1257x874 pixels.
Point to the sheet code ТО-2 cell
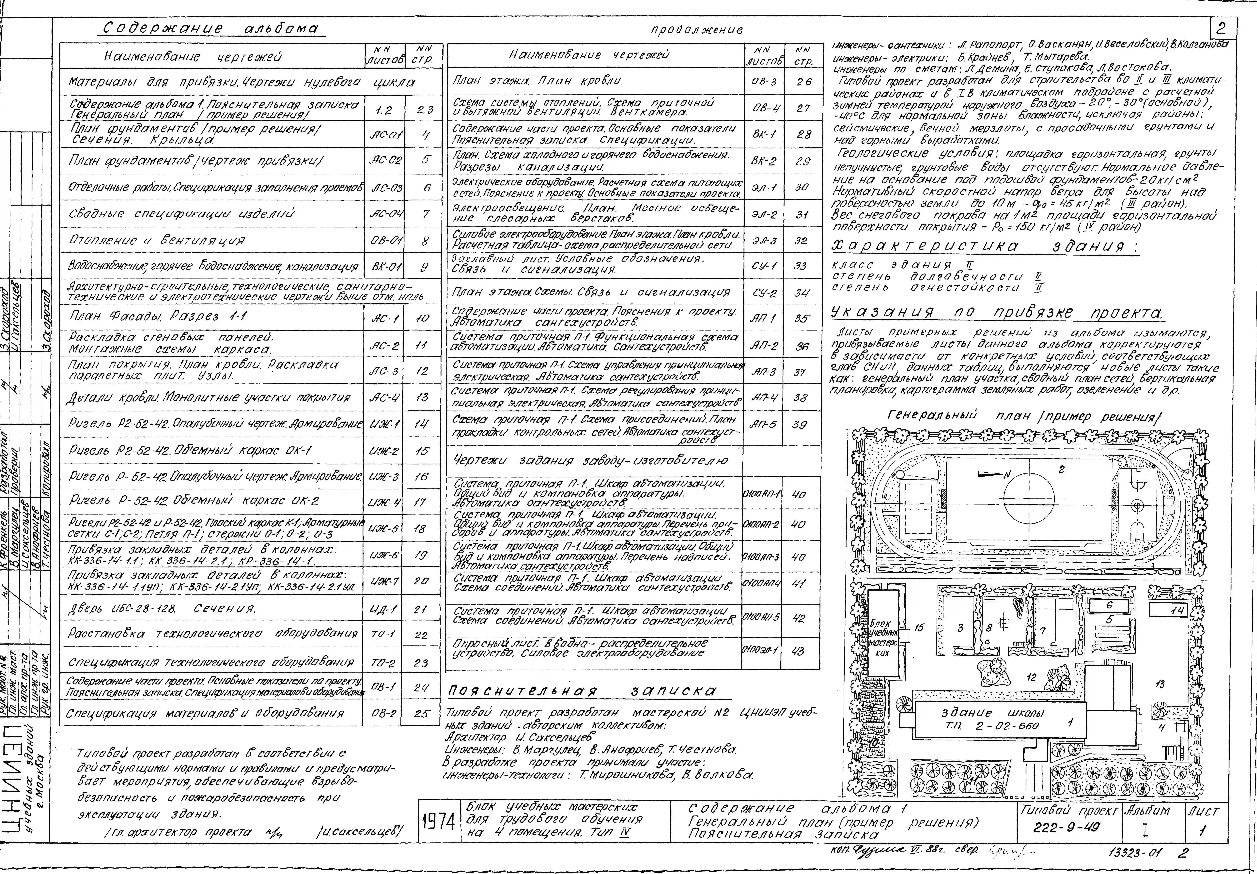[383, 663]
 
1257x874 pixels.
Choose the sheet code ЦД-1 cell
[383, 609]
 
